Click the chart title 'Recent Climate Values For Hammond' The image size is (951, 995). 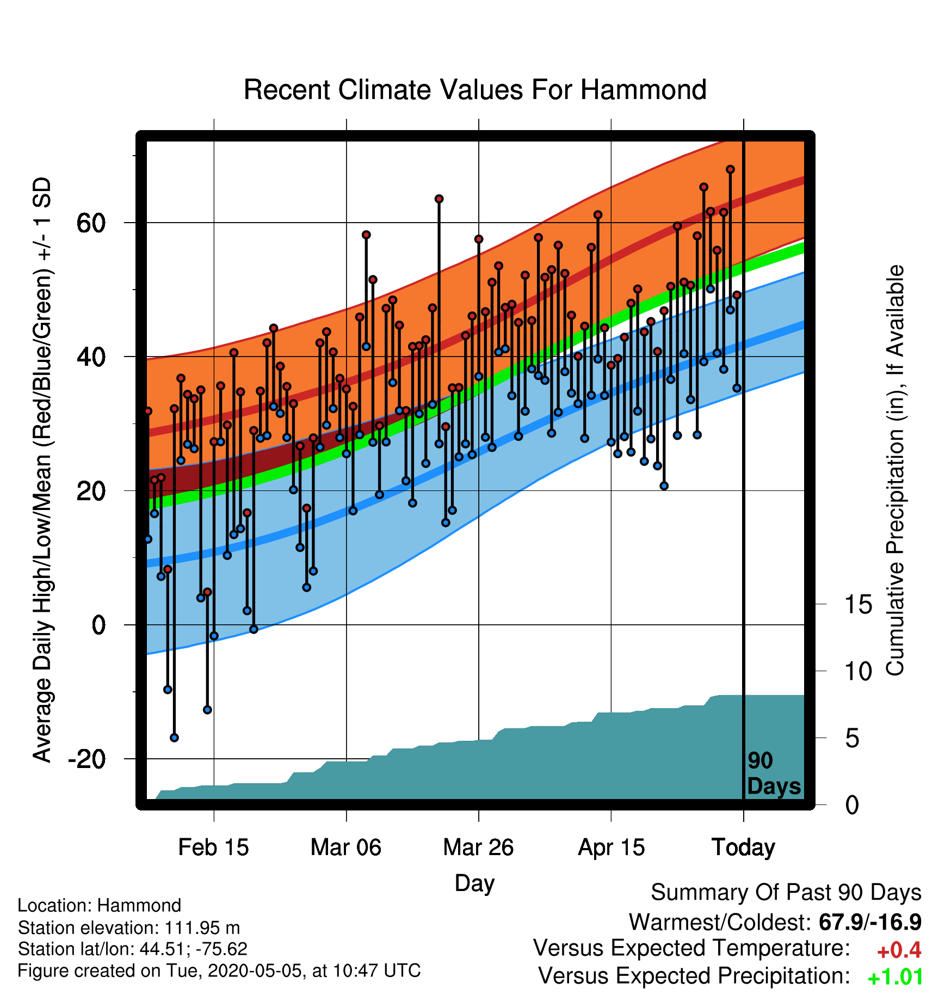point(475,90)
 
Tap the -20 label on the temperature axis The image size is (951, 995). point(87,759)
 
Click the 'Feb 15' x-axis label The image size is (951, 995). point(213,847)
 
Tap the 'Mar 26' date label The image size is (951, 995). point(478,847)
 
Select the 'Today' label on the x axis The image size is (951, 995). point(743,847)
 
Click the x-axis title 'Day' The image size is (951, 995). point(474,883)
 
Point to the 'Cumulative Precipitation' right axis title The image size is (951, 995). point(895,470)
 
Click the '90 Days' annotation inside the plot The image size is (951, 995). point(774,773)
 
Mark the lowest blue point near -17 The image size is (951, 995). point(174,738)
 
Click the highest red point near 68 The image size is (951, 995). point(730,170)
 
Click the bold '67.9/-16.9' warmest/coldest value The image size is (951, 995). point(870,922)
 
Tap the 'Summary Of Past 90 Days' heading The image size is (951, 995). point(786,893)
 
